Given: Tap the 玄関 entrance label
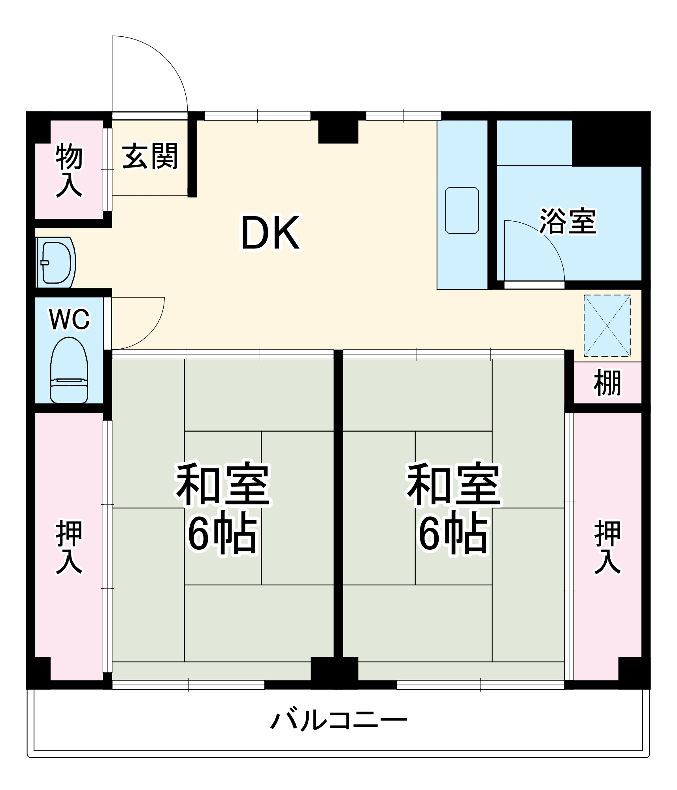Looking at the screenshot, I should pos(150,156).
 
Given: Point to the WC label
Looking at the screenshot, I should pos(70,319).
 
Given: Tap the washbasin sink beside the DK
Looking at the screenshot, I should pos(57,263).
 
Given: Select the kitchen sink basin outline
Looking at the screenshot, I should pos(462,210).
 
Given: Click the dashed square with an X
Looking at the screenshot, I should pos(607,325).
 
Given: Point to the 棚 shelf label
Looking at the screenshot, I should pos(607,382).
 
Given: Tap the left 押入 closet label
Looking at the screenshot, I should pos(69,547).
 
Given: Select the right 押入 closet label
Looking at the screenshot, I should pos(607,547).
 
